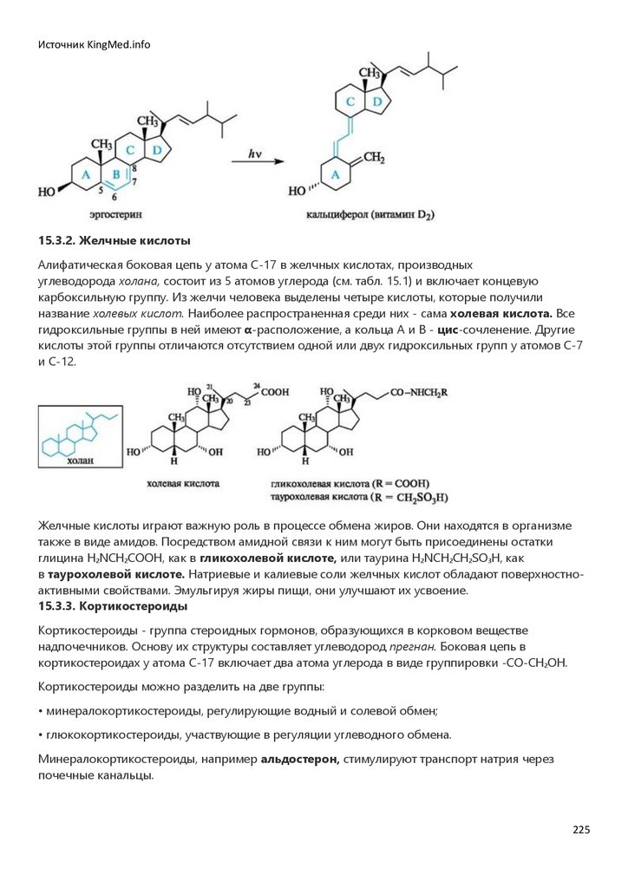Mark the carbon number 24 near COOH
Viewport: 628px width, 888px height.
tap(257, 384)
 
